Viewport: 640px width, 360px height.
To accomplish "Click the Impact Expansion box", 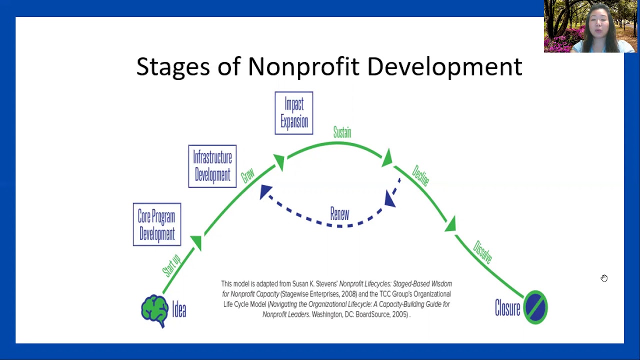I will pyautogui.click(x=294, y=113).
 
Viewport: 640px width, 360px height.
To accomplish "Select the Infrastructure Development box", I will pyautogui.click(x=212, y=166).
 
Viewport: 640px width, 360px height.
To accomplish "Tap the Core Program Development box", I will pyautogui.click(x=157, y=224).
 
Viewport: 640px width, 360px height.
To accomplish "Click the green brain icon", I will pyautogui.click(x=154, y=310).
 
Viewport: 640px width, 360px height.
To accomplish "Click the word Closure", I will pyautogui.click(x=507, y=308).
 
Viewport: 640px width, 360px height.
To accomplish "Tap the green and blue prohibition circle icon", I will pyautogui.click(x=535, y=307).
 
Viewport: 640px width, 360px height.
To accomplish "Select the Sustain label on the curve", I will pyautogui.click(x=342, y=132).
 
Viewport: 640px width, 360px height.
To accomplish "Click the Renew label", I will pyautogui.click(x=339, y=214).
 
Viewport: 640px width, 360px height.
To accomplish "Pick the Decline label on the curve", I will pyautogui.click(x=420, y=176).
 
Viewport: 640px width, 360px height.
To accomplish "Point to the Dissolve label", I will pyautogui.click(x=482, y=252).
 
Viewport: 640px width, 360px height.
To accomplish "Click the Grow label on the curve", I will pyautogui.click(x=247, y=175).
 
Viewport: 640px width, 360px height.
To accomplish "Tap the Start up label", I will pyautogui.click(x=171, y=266).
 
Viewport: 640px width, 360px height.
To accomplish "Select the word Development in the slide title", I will pyautogui.click(x=444, y=66).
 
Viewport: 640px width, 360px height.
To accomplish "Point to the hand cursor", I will pyautogui.click(x=604, y=278).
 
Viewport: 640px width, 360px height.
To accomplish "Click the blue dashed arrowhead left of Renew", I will pyautogui.click(x=265, y=191).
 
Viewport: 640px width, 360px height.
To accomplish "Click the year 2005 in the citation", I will pyautogui.click(x=399, y=314).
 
